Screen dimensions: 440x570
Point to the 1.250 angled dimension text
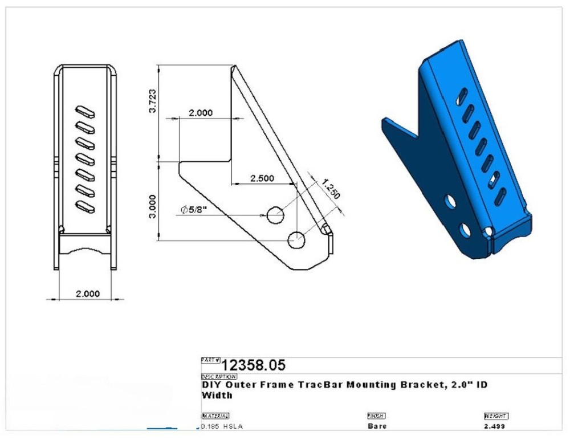click(x=331, y=189)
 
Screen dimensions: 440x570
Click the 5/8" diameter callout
click(x=193, y=210)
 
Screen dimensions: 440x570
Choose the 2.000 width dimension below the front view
click(x=87, y=294)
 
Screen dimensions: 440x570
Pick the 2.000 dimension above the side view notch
click(x=201, y=113)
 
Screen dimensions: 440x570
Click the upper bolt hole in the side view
click(x=276, y=215)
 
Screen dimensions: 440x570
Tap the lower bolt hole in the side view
click(x=298, y=241)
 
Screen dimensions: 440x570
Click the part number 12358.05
click(x=253, y=365)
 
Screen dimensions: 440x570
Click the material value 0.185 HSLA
click(x=222, y=426)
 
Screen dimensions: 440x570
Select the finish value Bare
click(x=377, y=426)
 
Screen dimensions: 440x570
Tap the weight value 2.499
click(x=494, y=426)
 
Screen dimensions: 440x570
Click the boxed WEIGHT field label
click(x=495, y=416)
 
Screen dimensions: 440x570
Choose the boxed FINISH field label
click(x=376, y=416)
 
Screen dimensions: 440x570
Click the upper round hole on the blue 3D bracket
click(x=450, y=202)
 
